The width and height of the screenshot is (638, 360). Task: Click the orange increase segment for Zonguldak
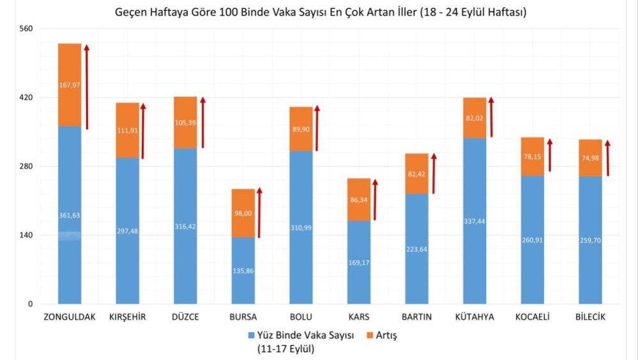click(70, 85)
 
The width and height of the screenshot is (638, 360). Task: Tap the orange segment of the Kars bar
click(359, 199)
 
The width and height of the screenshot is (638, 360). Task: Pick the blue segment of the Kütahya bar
click(475, 220)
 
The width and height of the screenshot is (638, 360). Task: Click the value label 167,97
click(70, 85)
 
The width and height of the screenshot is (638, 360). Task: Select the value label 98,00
click(243, 213)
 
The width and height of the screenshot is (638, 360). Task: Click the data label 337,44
click(475, 221)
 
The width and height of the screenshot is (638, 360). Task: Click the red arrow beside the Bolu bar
click(317, 128)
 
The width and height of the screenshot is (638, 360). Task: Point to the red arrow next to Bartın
click(433, 173)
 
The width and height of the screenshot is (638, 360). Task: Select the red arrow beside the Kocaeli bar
click(549, 155)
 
